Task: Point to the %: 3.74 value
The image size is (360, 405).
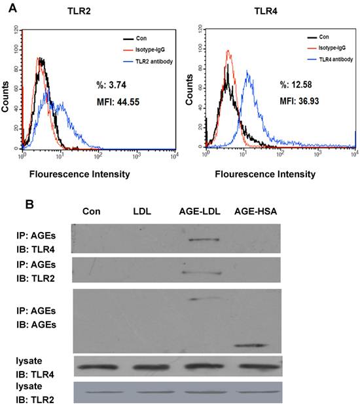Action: tap(112, 84)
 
